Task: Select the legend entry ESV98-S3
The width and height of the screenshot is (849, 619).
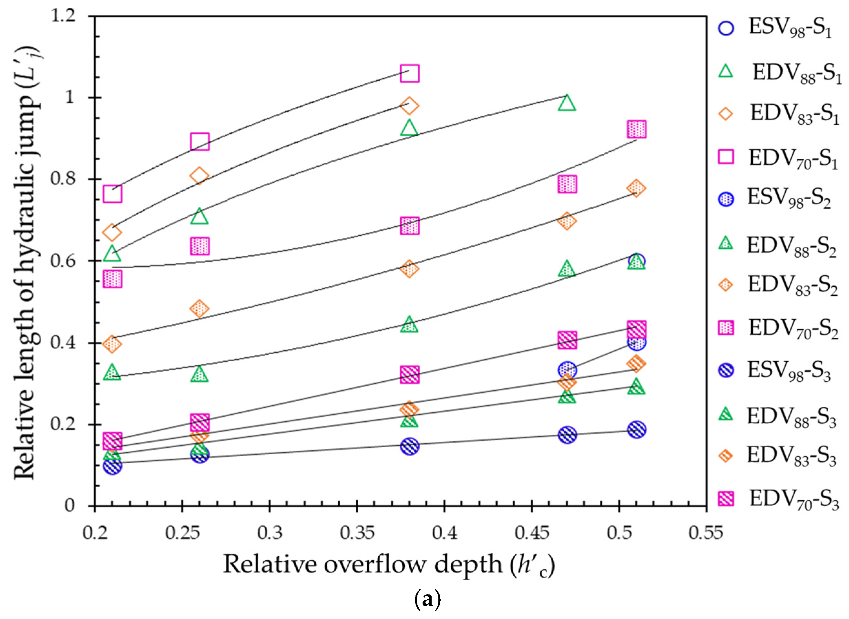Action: pos(777,370)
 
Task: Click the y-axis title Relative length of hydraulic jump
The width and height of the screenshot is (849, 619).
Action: pos(28,262)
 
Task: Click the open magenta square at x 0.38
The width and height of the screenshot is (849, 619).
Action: pos(409,73)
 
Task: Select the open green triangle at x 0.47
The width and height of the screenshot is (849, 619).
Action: pos(567,103)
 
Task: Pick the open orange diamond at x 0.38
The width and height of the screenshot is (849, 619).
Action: pos(409,106)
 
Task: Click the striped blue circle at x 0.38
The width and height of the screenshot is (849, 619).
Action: pos(410,446)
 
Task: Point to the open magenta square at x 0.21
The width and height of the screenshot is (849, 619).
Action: pos(112,194)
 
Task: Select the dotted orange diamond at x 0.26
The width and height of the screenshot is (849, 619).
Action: pos(199,309)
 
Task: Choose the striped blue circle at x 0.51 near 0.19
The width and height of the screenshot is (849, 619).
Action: pos(637,429)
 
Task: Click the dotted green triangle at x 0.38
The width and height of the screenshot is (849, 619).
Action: pos(409,325)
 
